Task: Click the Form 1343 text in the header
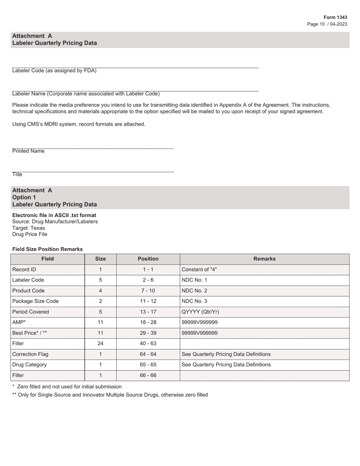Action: [x=335, y=17]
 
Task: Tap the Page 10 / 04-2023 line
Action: [x=327, y=24]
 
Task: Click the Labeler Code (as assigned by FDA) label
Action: [x=54, y=70]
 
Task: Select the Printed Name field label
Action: [x=28, y=151]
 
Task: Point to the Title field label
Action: [x=17, y=175]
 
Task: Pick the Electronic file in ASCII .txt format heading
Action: [x=54, y=215]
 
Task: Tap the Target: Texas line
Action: [x=28, y=228]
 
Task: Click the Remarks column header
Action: [x=264, y=259]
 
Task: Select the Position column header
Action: [x=148, y=259]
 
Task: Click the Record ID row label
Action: [x=24, y=269]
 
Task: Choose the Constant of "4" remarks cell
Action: [x=199, y=269]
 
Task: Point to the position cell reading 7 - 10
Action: [x=148, y=291]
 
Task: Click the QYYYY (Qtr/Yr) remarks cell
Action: [x=200, y=312]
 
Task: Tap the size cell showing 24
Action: [x=100, y=344]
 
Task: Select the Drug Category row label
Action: [x=30, y=365]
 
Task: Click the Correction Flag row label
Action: [x=30, y=354]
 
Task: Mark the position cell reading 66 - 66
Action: [x=148, y=375]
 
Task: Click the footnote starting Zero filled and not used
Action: [x=67, y=387]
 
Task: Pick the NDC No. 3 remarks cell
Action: [x=195, y=301]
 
